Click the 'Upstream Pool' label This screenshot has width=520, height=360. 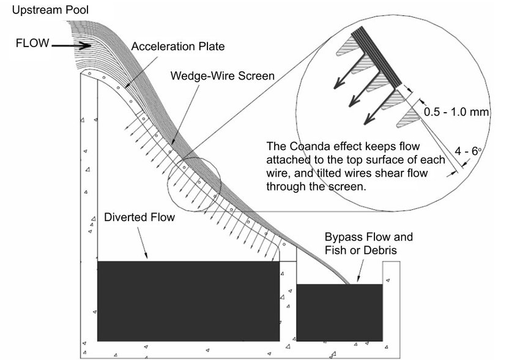(50, 10)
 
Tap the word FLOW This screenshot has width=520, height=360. (32, 43)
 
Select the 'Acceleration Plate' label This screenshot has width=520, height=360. (178, 46)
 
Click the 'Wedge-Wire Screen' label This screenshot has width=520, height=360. (223, 76)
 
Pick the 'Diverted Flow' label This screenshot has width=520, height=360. (139, 217)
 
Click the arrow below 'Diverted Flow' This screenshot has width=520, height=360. (143, 242)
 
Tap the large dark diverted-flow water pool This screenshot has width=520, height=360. (188, 301)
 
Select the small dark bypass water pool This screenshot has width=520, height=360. (340, 312)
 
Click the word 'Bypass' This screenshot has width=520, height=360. (343, 238)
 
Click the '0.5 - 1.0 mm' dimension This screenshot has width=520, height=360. (456, 112)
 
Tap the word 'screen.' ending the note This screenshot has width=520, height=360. (347, 187)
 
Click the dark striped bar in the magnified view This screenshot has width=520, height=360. (376, 56)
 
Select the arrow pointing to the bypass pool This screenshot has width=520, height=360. (360, 271)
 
